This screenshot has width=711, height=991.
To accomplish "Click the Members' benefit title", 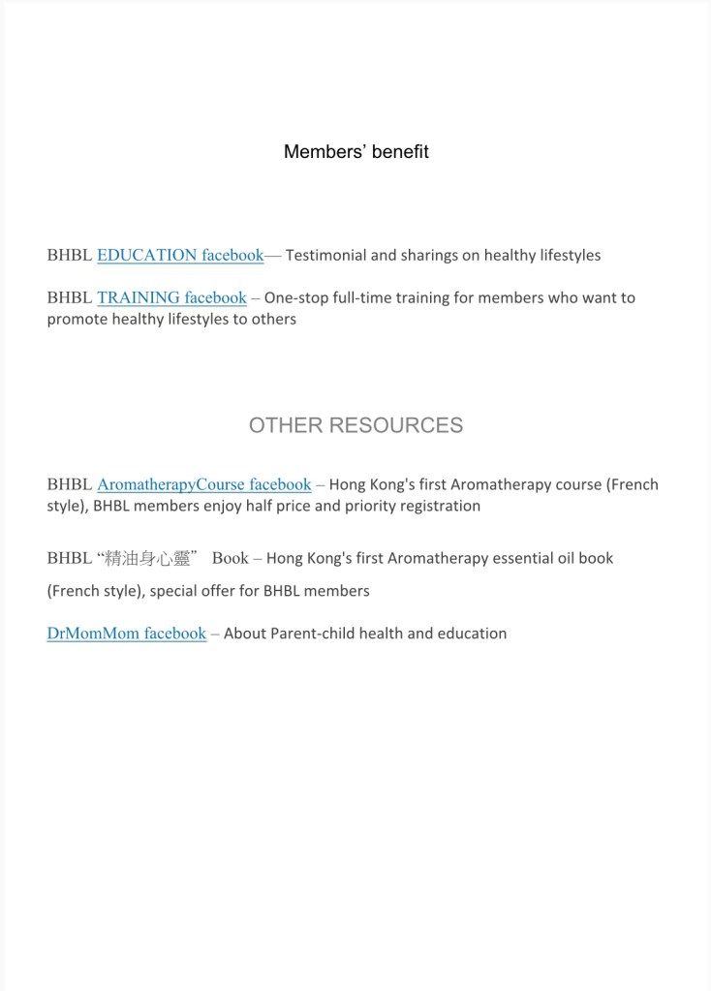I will tap(355, 152).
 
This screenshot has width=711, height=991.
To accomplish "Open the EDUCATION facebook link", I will tap(180, 256).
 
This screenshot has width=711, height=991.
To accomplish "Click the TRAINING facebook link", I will tap(171, 298).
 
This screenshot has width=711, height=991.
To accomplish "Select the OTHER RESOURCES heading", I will tap(355, 425).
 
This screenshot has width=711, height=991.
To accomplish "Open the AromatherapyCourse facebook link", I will tap(203, 484).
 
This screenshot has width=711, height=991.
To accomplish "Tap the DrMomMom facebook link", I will tap(126, 634).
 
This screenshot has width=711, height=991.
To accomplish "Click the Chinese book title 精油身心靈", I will tap(147, 559).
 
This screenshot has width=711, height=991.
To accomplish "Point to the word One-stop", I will tap(296, 298).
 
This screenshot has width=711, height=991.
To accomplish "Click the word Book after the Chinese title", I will tap(231, 559).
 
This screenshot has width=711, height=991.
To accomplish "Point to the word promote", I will tap(77, 319).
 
